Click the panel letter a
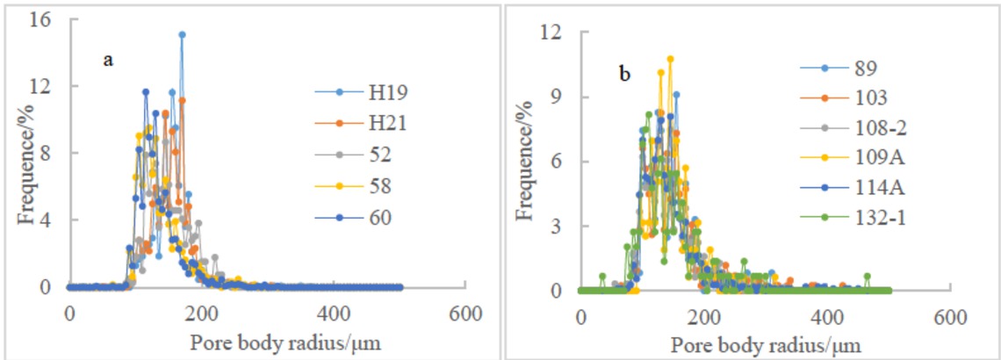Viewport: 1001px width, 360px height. (107, 60)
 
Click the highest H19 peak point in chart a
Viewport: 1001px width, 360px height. (182, 34)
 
